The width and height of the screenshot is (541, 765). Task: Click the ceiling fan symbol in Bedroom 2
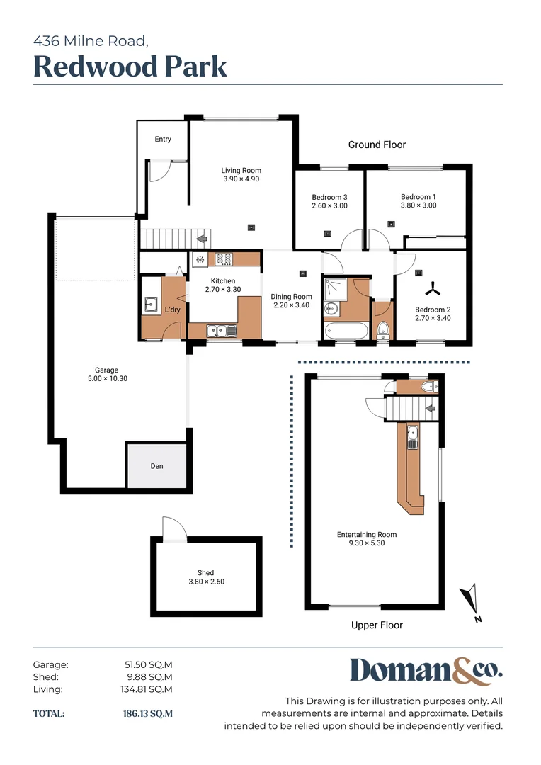431,288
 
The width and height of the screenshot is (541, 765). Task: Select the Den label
156,466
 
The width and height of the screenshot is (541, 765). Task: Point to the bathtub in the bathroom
346,331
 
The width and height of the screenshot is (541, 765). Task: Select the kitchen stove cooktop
224,259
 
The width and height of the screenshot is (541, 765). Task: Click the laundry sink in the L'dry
151,305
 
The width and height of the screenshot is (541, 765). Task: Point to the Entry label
163,140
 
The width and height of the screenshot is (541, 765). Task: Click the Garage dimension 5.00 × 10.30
106,378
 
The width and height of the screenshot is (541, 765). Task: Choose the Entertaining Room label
366,535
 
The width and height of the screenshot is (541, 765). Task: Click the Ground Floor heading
377,144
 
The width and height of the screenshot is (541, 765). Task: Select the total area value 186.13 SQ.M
147,714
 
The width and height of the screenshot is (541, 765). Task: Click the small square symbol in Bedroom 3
327,232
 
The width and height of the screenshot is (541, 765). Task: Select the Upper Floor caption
377,625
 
